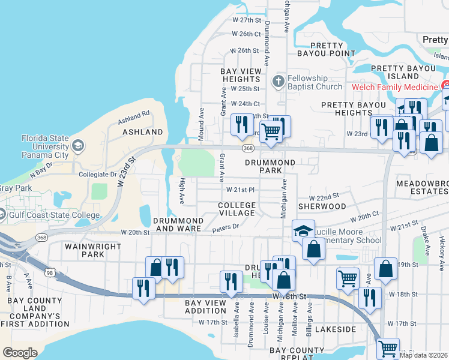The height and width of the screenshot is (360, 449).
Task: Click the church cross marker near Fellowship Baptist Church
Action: [277, 82]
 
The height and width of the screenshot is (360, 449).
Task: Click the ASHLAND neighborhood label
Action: [143, 131]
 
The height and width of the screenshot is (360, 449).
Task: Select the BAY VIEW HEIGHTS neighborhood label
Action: [241, 75]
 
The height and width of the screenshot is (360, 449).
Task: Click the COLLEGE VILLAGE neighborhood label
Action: [237, 209]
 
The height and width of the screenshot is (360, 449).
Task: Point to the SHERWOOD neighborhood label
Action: [322, 206]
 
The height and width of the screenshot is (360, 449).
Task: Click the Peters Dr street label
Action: [226, 227]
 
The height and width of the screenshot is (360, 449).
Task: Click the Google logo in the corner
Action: [20, 353]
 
